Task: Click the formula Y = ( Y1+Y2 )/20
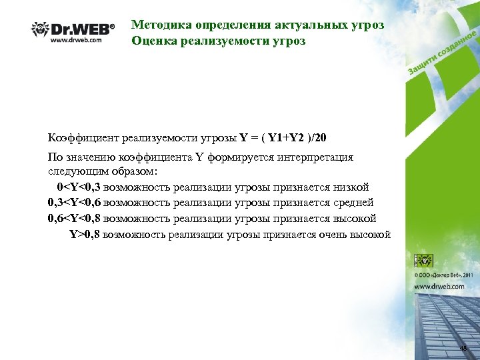(283, 138)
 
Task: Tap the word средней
(351, 203)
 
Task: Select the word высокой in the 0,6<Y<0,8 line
(353, 219)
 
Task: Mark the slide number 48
(464, 349)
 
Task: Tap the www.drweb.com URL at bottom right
(439, 286)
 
